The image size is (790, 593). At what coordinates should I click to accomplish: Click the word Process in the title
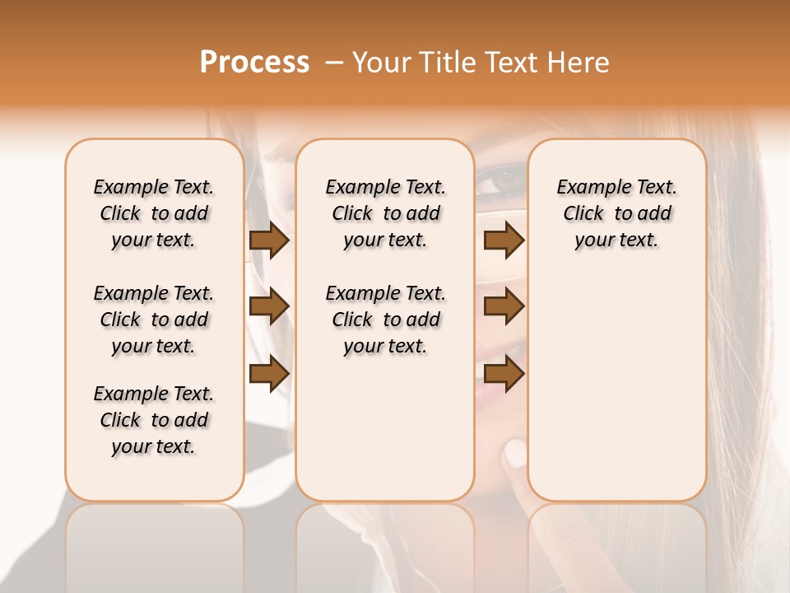click(x=254, y=63)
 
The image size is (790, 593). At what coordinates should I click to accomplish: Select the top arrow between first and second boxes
click(x=268, y=240)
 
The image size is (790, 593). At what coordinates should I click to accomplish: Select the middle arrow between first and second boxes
click(x=268, y=306)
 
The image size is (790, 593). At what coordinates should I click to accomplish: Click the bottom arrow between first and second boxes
click(x=268, y=374)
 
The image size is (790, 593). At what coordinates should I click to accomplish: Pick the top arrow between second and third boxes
click(x=504, y=240)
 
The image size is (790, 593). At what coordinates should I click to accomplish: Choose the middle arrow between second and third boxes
click(x=504, y=306)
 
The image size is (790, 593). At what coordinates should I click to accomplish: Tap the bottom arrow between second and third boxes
click(x=504, y=374)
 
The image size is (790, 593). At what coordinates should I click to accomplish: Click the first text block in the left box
click(x=154, y=213)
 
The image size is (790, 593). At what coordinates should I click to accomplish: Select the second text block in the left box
click(x=154, y=320)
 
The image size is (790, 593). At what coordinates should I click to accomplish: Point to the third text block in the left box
click(x=154, y=420)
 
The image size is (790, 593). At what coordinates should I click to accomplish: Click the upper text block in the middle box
click(x=385, y=213)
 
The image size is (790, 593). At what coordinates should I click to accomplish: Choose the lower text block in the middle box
click(x=385, y=320)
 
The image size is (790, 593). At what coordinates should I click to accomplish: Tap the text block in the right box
click(x=616, y=213)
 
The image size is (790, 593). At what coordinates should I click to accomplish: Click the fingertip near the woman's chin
click(x=514, y=452)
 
